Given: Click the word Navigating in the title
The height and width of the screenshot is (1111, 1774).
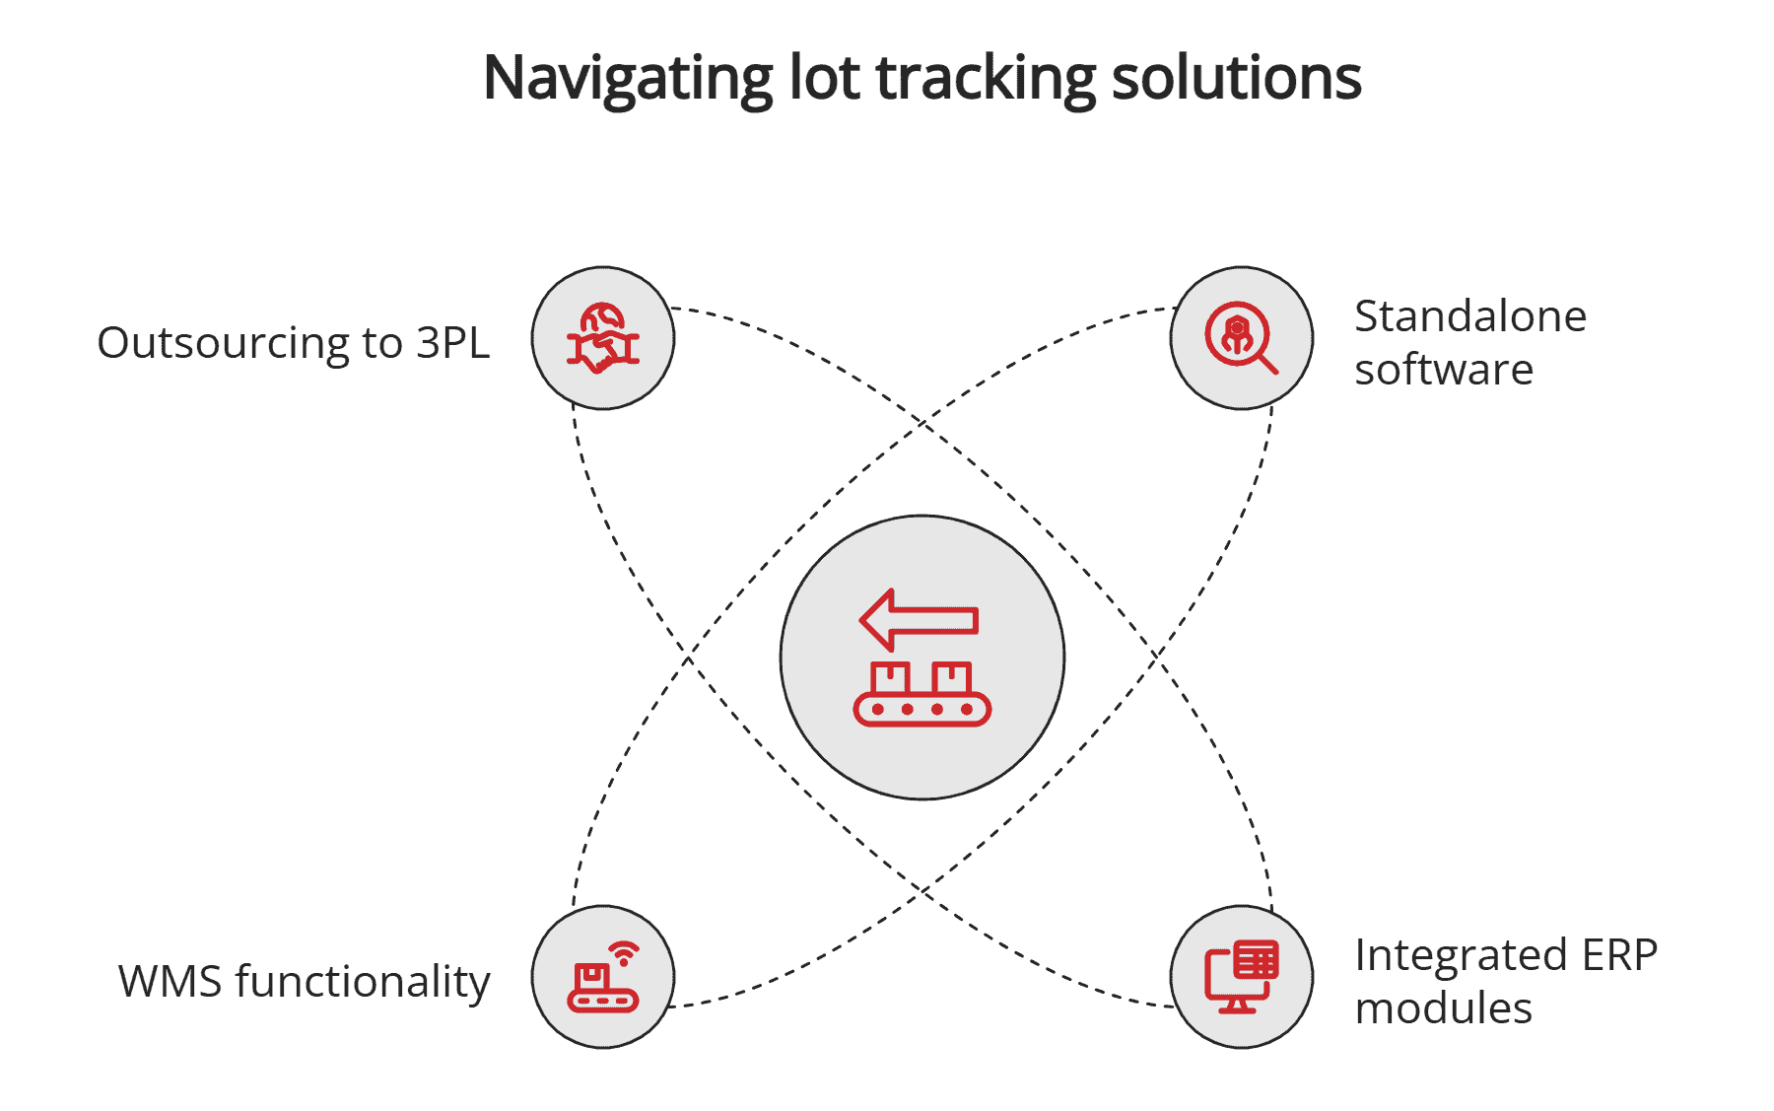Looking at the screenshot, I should [x=628, y=79].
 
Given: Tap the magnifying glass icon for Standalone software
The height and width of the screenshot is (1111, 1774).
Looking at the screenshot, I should [x=1241, y=338].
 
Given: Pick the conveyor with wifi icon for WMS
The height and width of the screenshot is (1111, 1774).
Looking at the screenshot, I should [x=602, y=978].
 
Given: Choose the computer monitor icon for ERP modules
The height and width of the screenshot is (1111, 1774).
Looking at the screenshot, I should [x=1241, y=977].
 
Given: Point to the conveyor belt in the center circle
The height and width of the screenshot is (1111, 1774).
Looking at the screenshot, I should [x=921, y=709].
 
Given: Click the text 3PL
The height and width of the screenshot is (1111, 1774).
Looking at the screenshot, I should [x=452, y=343].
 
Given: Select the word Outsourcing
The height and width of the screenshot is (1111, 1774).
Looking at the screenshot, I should [x=223, y=343].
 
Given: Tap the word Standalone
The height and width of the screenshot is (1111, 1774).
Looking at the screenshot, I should [x=1469, y=316].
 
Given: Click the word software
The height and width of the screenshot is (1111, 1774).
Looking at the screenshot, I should [x=1443, y=370].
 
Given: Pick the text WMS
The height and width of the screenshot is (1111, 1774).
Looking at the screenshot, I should [x=170, y=982].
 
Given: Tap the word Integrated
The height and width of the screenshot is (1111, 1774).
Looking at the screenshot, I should [x=1461, y=955].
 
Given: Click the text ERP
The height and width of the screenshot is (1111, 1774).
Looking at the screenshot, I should [x=1619, y=955].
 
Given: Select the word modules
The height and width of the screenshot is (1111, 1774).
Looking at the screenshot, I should [x=1443, y=1008].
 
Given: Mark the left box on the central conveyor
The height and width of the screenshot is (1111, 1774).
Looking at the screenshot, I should [x=890, y=679].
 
